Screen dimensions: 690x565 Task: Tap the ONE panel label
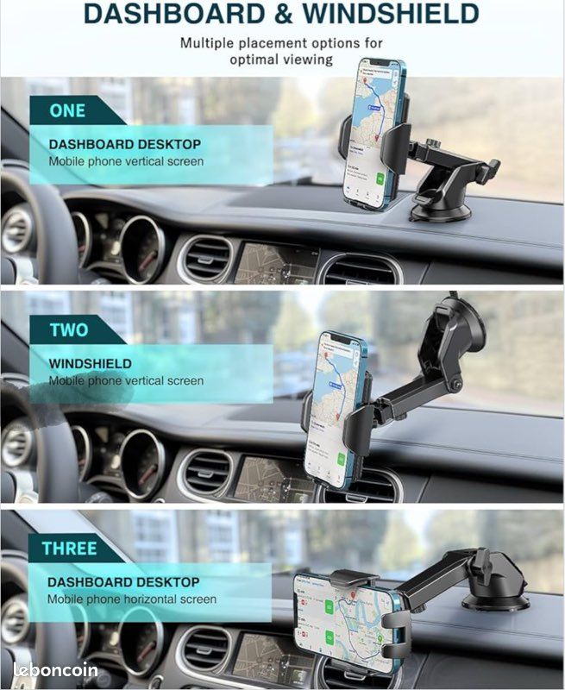pyautogui.click(x=67, y=110)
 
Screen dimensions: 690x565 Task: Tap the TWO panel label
pyautogui.click(x=68, y=329)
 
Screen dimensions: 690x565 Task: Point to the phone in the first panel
pyautogui.click(x=373, y=134)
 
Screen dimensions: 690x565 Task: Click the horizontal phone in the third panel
pyautogui.click(x=344, y=611)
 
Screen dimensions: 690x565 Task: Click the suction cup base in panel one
pyautogui.click(x=441, y=207)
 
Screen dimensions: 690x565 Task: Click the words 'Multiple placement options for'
pyautogui.click(x=281, y=42)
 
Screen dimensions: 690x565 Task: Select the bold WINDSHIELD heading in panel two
pyautogui.click(x=90, y=364)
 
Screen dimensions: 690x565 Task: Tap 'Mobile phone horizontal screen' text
pyautogui.click(x=132, y=599)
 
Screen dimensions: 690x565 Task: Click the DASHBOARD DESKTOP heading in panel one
pyautogui.click(x=124, y=145)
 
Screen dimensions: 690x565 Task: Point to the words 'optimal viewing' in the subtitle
pyautogui.click(x=281, y=60)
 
